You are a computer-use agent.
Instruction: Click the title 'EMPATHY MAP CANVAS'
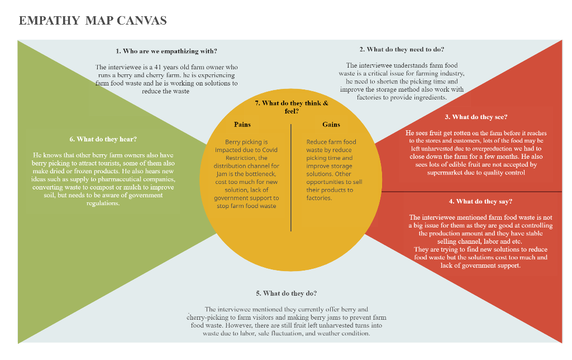pyautogui.click(x=93, y=21)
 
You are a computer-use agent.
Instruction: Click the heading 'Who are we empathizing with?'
pyautogui.click(x=166, y=51)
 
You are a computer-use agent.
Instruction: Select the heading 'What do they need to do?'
pyautogui.click(x=402, y=49)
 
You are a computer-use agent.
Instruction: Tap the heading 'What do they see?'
pyautogui.click(x=476, y=117)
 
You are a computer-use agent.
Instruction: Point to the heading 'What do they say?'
pyautogui.click(x=480, y=201)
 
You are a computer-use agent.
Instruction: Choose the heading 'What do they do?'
pyautogui.click(x=286, y=293)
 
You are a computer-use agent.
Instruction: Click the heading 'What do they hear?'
pyautogui.click(x=103, y=139)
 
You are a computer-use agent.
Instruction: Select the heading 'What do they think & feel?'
pyautogui.click(x=290, y=107)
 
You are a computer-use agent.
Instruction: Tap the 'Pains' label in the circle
pyautogui.click(x=242, y=124)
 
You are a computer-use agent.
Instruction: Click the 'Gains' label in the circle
pyautogui.click(x=331, y=124)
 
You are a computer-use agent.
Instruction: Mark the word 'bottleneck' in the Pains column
pyautogui.click(x=261, y=174)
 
